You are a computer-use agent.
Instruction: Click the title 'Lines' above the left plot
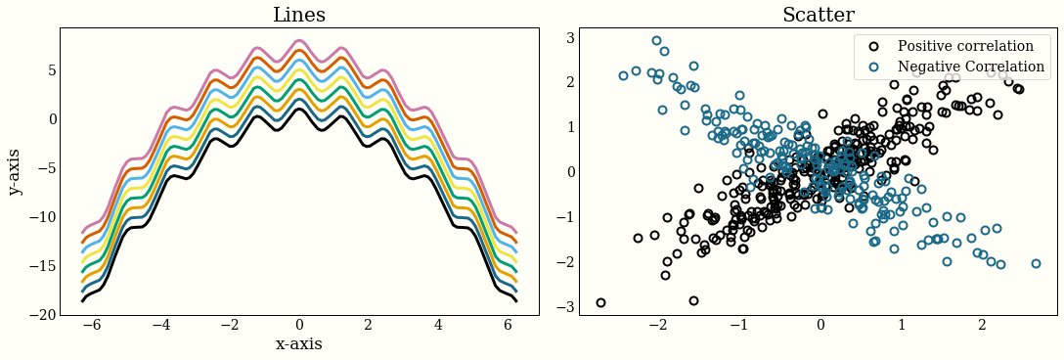pyautogui.click(x=299, y=15)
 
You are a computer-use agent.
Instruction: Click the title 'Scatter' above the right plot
pyautogui.click(x=819, y=15)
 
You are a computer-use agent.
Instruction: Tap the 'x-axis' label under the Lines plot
pyautogui.click(x=299, y=344)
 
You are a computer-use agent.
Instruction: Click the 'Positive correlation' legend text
pyautogui.click(x=965, y=46)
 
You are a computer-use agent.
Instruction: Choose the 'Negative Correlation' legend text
pyautogui.click(x=971, y=67)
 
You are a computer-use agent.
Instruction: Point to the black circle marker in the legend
pyautogui.click(x=874, y=46)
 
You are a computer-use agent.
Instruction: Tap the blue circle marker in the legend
pyautogui.click(x=874, y=67)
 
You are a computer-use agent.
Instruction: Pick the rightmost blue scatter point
pyautogui.click(x=1036, y=263)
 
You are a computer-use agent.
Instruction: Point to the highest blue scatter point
pyautogui.click(x=656, y=41)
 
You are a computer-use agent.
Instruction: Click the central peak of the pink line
pyautogui.click(x=299, y=41)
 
